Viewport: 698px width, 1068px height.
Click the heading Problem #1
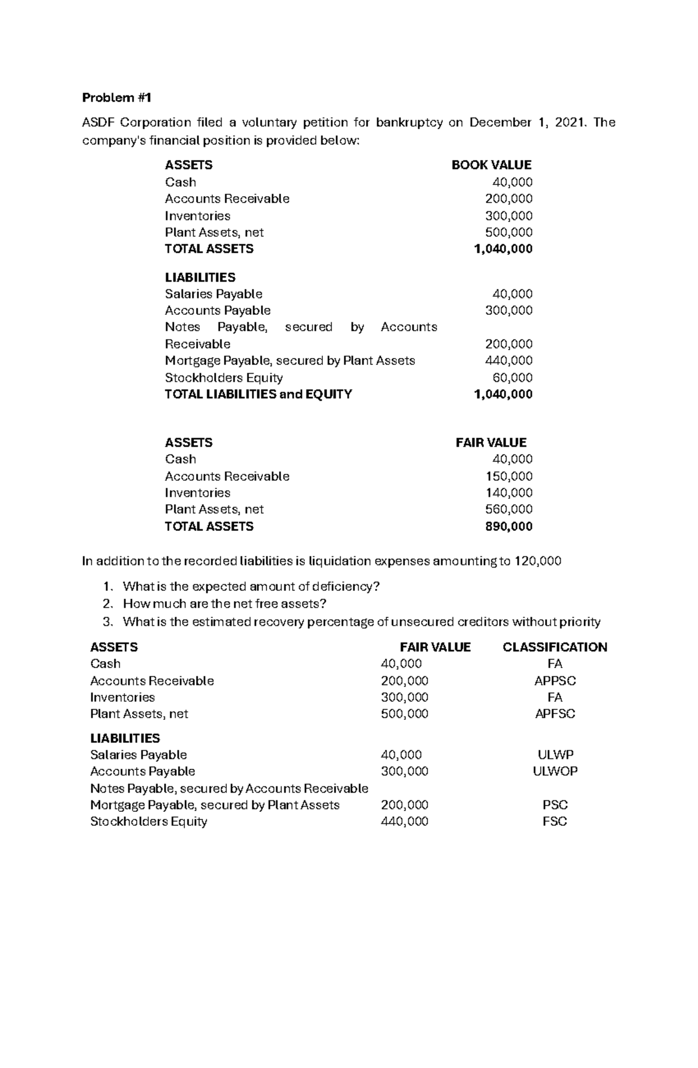pyautogui.click(x=116, y=98)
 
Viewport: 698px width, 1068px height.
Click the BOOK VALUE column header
pyautogui.click(x=491, y=165)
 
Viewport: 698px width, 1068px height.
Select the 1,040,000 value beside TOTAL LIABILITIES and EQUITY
pyautogui.click(x=503, y=394)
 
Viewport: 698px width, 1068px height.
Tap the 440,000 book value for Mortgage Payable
pyautogui.click(x=509, y=360)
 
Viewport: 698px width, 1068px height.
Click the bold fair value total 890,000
pyautogui.click(x=509, y=527)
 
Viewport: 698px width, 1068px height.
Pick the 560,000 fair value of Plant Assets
pyautogui.click(x=509, y=509)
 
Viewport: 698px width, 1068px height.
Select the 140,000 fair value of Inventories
pyautogui.click(x=509, y=492)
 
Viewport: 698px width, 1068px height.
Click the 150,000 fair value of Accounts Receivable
pyautogui.click(x=509, y=476)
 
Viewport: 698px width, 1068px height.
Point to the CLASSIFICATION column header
pyautogui.click(x=554, y=647)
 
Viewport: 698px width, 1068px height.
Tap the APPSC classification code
pyautogui.click(x=555, y=681)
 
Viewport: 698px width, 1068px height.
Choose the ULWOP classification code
pyautogui.click(x=555, y=771)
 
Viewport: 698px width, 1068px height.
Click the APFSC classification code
pyautogui.click(x=555, y=714)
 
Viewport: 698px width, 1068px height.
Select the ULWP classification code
pyautogui.click(x=555, y=755)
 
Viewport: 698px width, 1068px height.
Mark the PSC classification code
pyautogui.click(x=555, y=805)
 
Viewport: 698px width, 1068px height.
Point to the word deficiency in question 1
pyautogui.click(x=348, y=586)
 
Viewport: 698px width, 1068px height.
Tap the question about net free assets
pyautogui.click(x=225, y=604)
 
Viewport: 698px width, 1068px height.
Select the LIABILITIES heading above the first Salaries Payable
pyautogui.click(x=200, y=277)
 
